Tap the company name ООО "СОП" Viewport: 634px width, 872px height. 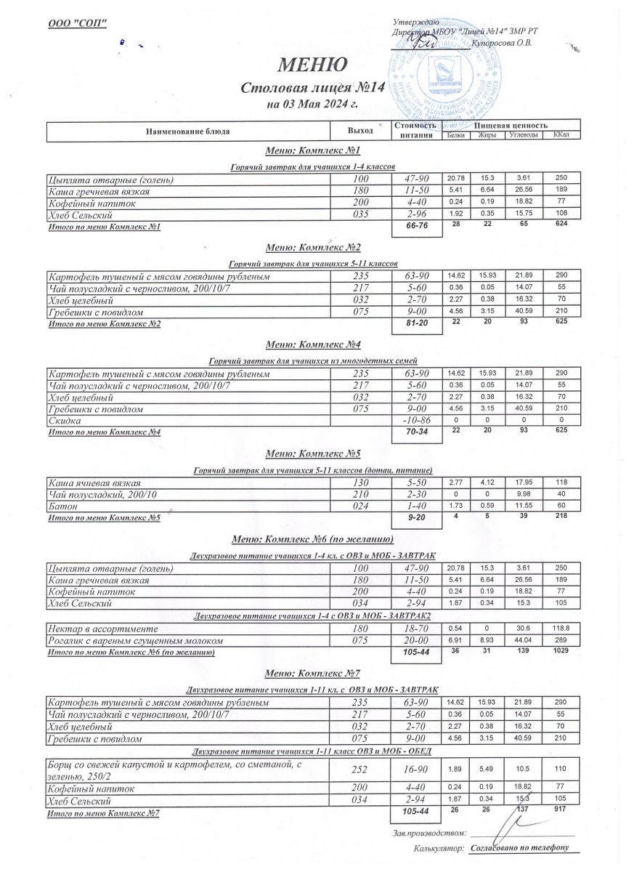(77, 24)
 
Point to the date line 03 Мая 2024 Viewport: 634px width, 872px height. (314, 105)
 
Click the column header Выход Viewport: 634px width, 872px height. (360, 131)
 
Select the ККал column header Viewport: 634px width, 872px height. (560, 135)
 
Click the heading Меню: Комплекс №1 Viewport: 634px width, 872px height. (314, 150)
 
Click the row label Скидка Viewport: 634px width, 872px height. (64, 421)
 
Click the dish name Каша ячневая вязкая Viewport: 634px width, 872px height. (94, 483)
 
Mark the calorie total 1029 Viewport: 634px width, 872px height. (560, 650)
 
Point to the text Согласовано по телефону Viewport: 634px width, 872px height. (518, 848)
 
